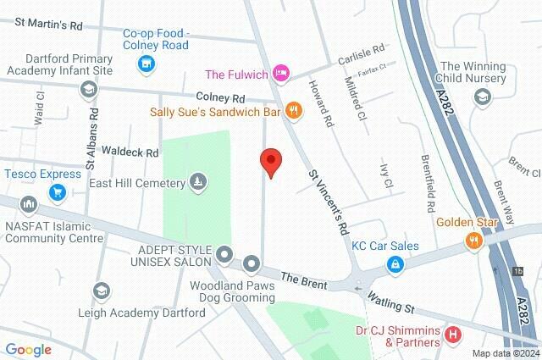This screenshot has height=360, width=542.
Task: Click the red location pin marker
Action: click(270, 161)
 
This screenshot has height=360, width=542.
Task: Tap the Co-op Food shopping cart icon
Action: click(147, 63)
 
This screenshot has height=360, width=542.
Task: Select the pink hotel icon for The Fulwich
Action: click(280, 74)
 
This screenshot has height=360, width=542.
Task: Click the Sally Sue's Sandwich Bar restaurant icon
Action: click(294, 109)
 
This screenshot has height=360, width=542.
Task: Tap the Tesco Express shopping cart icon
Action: click(58, 192)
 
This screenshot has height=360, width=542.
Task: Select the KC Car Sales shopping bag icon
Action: click(395, 264)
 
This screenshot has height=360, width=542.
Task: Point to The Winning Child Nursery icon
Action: click(482, 97)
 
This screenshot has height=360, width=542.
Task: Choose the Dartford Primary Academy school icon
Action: click(88, 89)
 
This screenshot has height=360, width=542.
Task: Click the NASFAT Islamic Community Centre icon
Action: click(30, 204)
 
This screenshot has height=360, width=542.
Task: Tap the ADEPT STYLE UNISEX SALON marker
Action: click(224, 253)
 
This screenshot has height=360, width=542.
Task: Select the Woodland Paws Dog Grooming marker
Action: click(252, 265)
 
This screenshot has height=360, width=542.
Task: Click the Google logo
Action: click(29, 349)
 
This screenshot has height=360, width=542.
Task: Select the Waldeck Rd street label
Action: click(130, 152)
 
